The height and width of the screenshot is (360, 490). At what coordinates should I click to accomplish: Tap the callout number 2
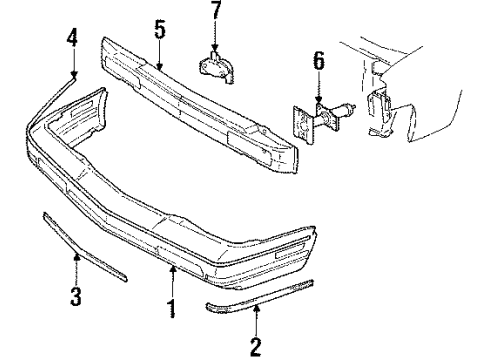(256, 346)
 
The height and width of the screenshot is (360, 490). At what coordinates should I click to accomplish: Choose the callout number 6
(318, 63)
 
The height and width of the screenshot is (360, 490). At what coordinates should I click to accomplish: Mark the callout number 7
(215, 15)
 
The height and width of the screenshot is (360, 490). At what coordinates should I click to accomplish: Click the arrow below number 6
(318, 91)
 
